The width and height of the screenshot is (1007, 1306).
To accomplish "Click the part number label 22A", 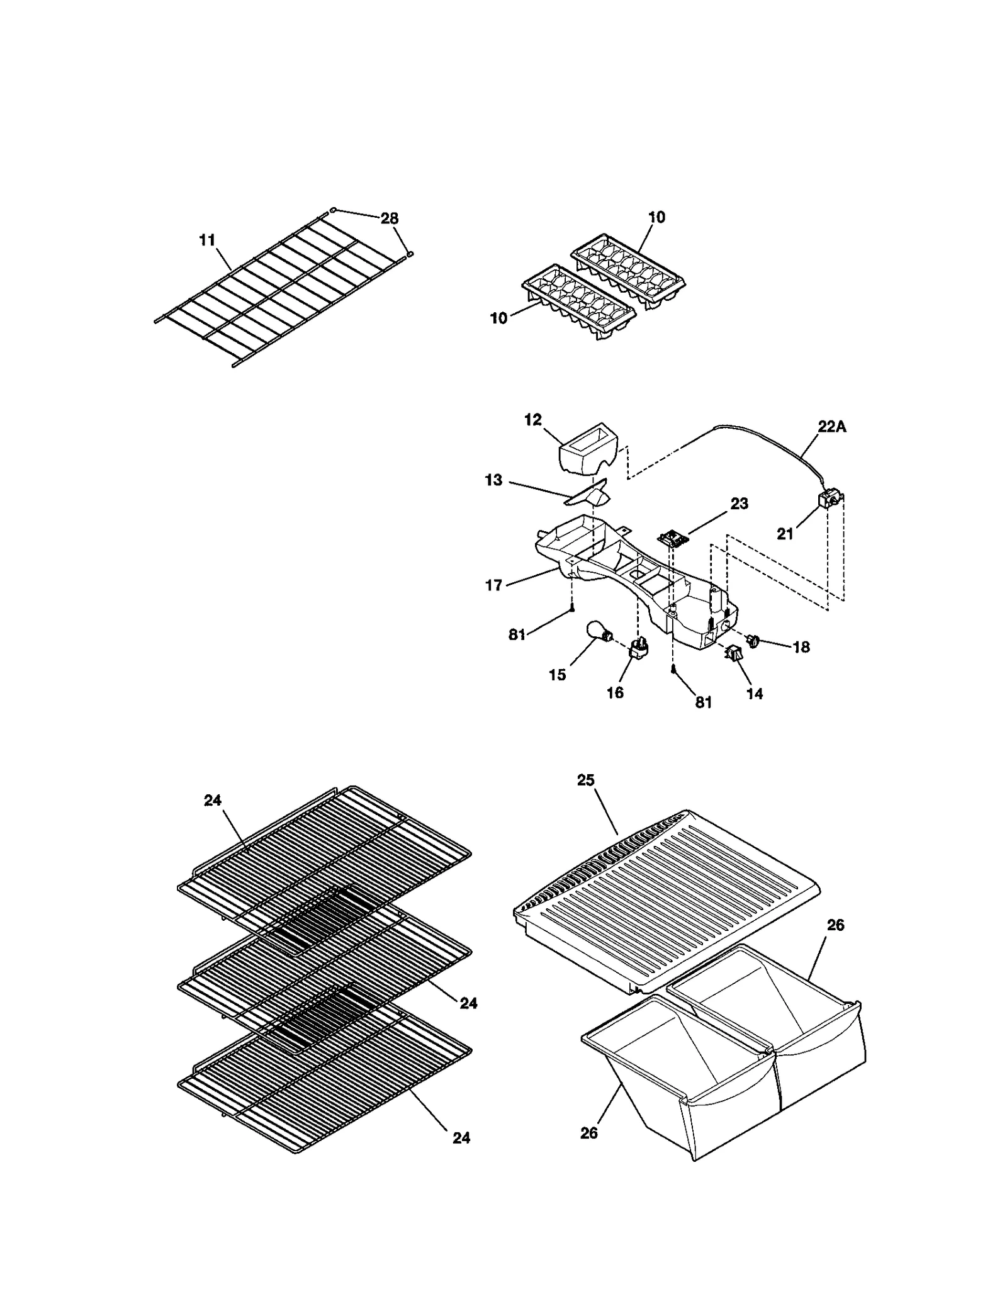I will click(x=832, y=427).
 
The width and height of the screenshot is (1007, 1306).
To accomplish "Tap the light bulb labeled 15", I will click(x=599, y=631).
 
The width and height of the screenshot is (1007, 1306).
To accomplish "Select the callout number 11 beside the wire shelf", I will click(x=207, y=240).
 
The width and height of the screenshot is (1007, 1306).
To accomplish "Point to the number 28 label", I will click(x=389, y=218).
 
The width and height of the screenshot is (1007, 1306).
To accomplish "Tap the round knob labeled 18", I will click(x=753, y=641).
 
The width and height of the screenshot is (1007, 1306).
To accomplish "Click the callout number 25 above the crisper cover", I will click(x=585, y=780).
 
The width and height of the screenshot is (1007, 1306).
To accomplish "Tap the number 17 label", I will click(x=493, y=585).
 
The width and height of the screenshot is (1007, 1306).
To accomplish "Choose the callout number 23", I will click(x=739, y=504).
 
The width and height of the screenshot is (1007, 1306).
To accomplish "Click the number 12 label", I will click(x=533, y=420).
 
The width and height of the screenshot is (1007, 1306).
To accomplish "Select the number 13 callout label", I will click(x=493, y=480).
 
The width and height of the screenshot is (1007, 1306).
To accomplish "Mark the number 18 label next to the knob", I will click(x=801, y=646).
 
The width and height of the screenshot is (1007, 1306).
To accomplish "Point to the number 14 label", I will click(x=754, y=694).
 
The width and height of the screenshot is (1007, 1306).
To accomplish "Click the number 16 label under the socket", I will click(x=615, y=693).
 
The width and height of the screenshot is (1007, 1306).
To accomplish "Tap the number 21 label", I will click(x=785, y=534).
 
